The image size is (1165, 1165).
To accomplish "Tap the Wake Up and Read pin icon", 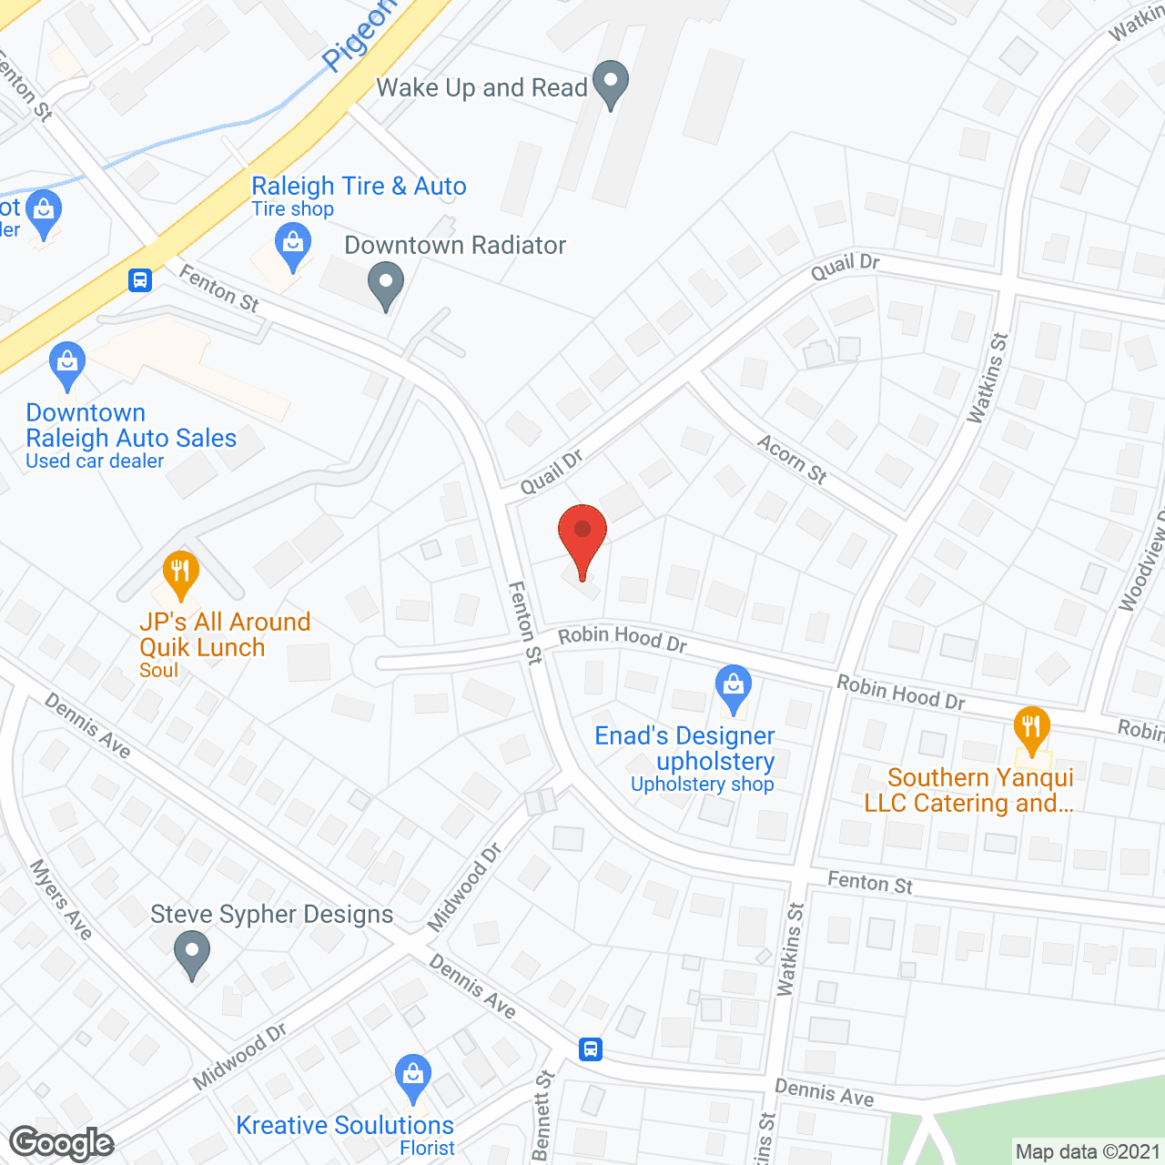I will (611, 83).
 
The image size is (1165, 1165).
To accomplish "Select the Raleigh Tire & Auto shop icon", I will (292, 246).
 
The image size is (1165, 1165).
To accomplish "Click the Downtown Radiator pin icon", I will (386, 284).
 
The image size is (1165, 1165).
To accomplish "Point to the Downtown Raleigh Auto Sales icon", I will (67, 365).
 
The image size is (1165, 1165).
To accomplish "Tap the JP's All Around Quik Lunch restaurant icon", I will (180, 573).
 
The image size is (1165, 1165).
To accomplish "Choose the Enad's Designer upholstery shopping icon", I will (733, 688).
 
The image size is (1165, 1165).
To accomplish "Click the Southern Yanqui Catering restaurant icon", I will (1031, 729).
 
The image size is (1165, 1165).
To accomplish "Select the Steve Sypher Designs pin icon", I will (192, 956).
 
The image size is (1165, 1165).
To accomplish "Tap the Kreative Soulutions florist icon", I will (413, 1077).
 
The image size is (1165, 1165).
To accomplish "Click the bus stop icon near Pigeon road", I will (140, 279).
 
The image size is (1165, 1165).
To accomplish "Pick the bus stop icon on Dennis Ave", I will (591, 1049).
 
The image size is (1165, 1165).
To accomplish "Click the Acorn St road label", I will (792, 459).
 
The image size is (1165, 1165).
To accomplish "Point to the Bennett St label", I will (542, 1116).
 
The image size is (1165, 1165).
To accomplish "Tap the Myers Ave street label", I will (61, 899).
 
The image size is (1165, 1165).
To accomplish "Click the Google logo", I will (62, 1143).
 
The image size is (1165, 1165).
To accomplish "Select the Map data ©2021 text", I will (1088, 1152).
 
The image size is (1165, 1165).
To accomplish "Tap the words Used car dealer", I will (95, 461).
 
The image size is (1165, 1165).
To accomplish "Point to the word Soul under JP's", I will (158, 671).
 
